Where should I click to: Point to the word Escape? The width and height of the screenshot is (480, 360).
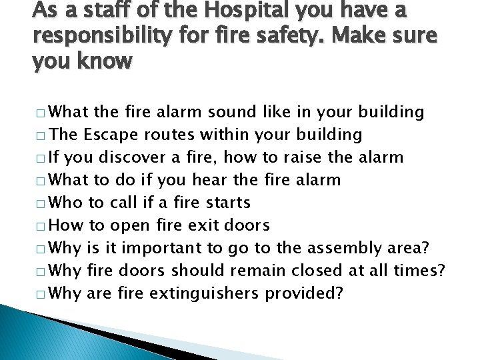click(x=109, y=134)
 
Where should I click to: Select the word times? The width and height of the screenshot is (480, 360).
click(x=423, y=270)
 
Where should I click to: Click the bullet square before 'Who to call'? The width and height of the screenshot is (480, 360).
click(x=43, y=203)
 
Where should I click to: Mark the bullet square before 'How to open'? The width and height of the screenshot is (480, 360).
click(x=43, y=225)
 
